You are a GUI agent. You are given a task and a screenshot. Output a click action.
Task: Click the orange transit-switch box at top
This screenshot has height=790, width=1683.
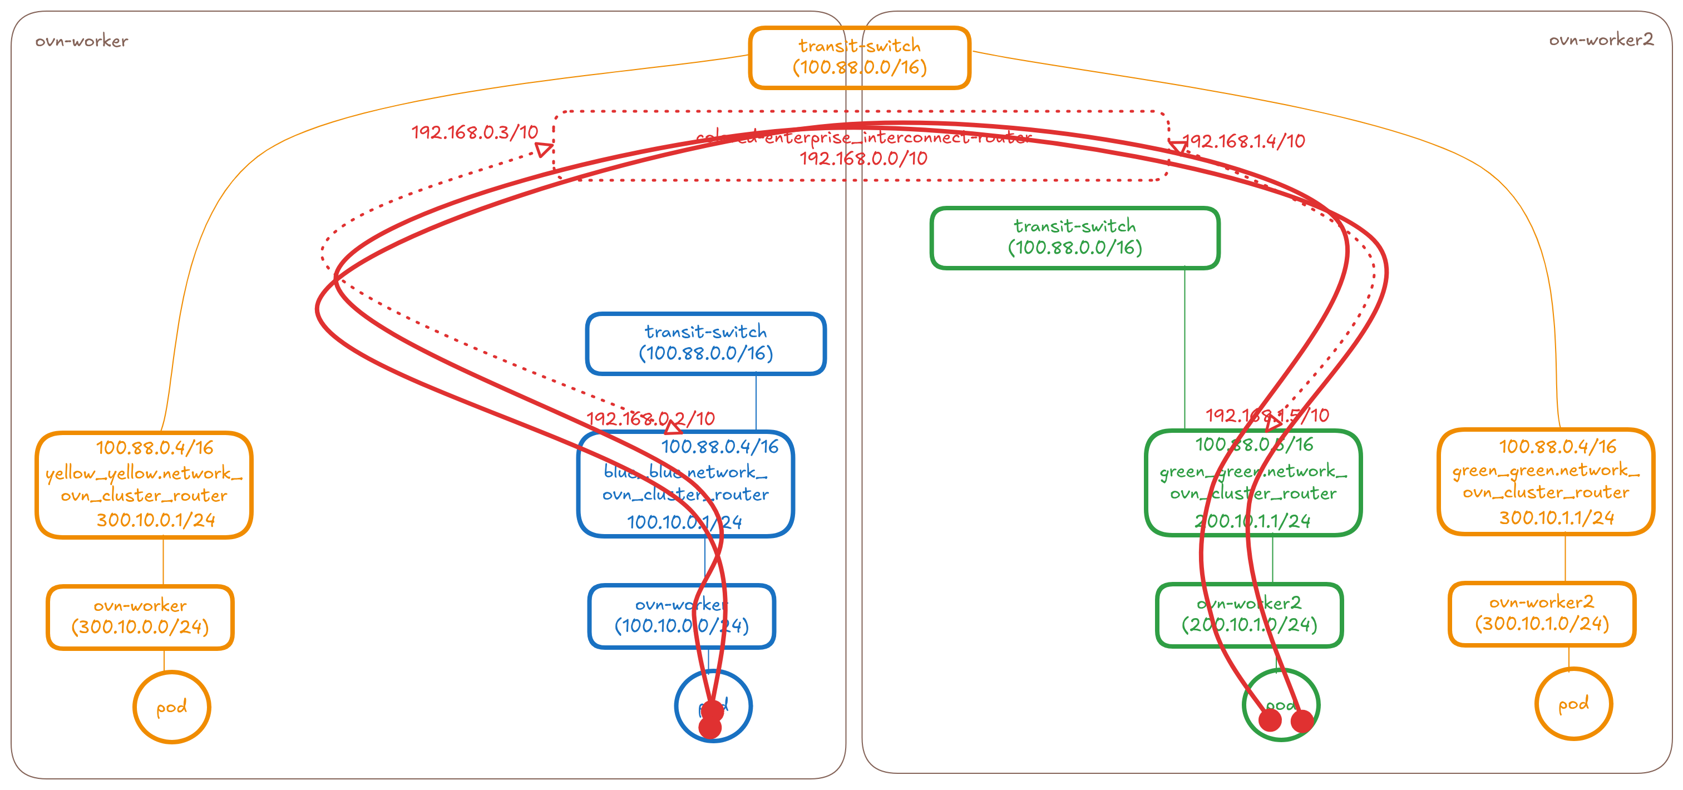859,57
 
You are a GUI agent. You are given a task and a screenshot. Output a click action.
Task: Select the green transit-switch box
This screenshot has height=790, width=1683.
1075,238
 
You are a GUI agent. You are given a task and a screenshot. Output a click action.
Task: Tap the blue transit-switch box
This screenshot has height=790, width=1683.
705,344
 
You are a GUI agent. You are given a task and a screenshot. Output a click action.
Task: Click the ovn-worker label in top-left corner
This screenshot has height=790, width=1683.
82,41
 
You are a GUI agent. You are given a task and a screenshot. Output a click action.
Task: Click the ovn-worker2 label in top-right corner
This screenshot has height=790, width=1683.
1601,40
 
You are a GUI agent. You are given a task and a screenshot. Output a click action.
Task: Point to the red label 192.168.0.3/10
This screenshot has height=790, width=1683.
475,132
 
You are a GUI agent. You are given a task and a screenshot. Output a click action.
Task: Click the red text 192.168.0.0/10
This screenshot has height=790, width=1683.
863,159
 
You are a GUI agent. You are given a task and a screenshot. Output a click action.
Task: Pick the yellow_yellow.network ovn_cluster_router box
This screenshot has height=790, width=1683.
144,484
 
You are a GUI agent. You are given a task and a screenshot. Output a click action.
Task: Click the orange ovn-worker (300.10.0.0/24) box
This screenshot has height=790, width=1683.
140,617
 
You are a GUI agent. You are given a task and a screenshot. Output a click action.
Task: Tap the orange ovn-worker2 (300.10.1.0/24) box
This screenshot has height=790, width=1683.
1542,614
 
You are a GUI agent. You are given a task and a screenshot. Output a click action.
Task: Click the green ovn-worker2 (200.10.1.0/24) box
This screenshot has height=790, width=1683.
1249,615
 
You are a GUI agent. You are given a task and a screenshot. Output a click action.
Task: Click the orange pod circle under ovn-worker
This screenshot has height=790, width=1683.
171,707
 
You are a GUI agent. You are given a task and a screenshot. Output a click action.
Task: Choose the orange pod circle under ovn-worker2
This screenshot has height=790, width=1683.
1573,704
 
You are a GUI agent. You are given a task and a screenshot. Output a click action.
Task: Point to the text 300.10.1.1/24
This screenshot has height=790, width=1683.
1556,518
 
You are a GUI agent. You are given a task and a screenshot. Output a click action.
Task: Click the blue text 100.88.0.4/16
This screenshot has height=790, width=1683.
720,447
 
